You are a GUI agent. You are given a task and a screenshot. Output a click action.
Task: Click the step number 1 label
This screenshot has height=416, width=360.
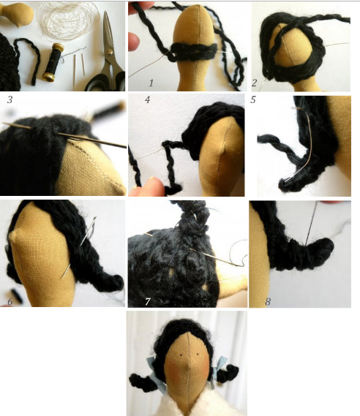coord(151,83)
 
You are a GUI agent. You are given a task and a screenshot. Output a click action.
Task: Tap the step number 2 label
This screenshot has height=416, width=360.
coord(254,83)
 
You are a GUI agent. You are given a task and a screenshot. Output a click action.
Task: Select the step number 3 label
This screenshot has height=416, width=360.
coord(10,99)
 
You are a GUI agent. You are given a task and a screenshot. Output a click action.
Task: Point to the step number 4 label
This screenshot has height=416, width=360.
coord(147,99)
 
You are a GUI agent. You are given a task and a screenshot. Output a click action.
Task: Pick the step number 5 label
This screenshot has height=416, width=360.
coord(252,99)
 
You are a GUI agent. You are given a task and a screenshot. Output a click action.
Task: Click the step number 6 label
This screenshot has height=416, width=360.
coord(10,302)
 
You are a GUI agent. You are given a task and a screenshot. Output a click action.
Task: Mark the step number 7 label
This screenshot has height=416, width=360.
coord(148,301)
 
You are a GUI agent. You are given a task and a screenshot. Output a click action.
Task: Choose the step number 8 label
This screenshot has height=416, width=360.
coord(268,301)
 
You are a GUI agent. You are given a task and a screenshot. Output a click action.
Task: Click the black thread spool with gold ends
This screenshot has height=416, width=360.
coord(53,62)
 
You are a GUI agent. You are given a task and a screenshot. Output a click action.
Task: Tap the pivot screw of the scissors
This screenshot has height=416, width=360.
coord(108,51)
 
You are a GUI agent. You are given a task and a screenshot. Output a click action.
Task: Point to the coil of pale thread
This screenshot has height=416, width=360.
coord(68,20)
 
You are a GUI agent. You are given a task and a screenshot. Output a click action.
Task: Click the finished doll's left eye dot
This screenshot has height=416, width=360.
coord(181,355)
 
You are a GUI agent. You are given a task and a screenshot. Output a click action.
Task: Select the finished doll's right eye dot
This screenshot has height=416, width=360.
coord(198,354)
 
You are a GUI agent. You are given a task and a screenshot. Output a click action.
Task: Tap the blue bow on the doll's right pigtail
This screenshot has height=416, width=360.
coord(220,370)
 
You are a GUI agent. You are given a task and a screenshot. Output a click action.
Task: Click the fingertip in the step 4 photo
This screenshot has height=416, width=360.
coord(149,186)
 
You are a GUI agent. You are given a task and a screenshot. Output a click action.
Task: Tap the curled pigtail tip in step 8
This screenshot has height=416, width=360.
coord(324,246)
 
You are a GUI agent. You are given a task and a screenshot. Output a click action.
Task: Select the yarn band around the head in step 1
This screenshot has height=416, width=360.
coord(194,52)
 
